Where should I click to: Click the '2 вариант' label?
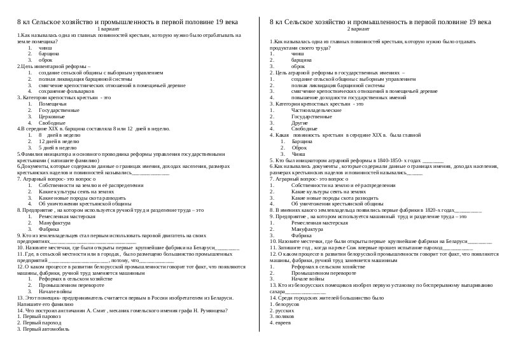(x=380, y=30)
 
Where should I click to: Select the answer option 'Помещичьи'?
(x=52, y=103)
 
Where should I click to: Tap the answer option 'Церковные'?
(x=52, y=116)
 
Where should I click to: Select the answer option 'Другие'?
(x=300, y=122)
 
